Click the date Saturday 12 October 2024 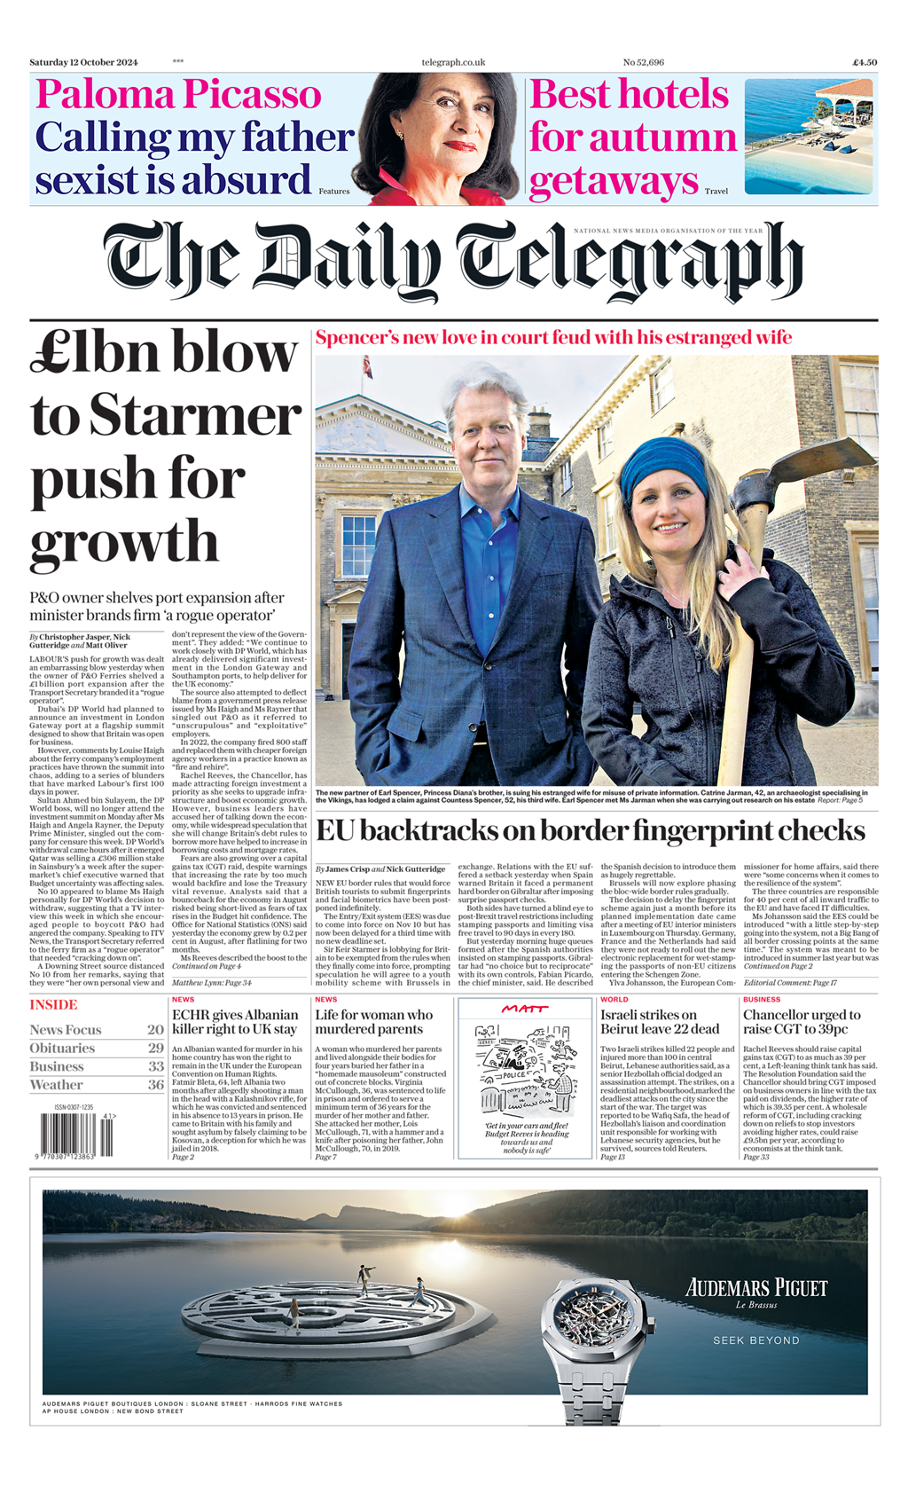click(x=83, y=62)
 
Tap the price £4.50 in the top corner click(x=865, y=62)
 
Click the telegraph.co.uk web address click(x=453, y=62)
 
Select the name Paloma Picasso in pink click(x=178, y=95)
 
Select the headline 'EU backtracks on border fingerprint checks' click(x=590, y=831)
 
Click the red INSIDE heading click(x=53, y=1005)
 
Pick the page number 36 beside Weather click(x=156, y=1085)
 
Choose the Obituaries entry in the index click(x=62, y=1049)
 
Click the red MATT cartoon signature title click(x=525, y=1009)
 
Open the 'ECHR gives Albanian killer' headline click(x=235, y=1022)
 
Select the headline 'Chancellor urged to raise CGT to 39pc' click(x=802, y=1022)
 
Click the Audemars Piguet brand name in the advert click(x=756, y=1288)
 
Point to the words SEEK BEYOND click(x=756, y=1340)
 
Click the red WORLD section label click(x=614, y=1000)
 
